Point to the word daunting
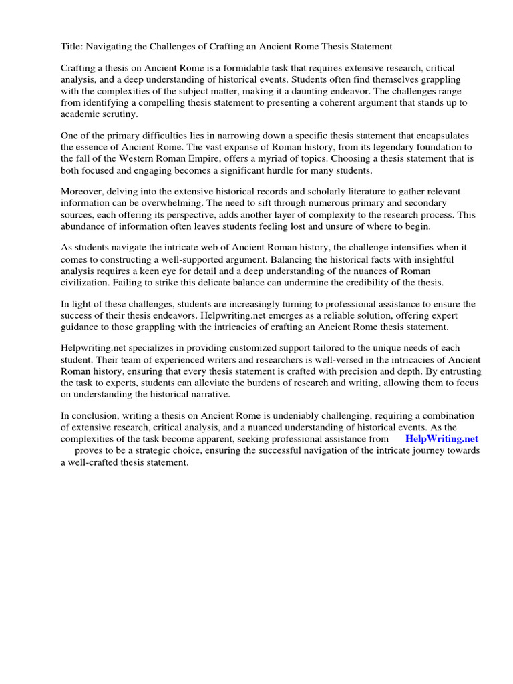(356, 91)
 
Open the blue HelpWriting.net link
(442, 439)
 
